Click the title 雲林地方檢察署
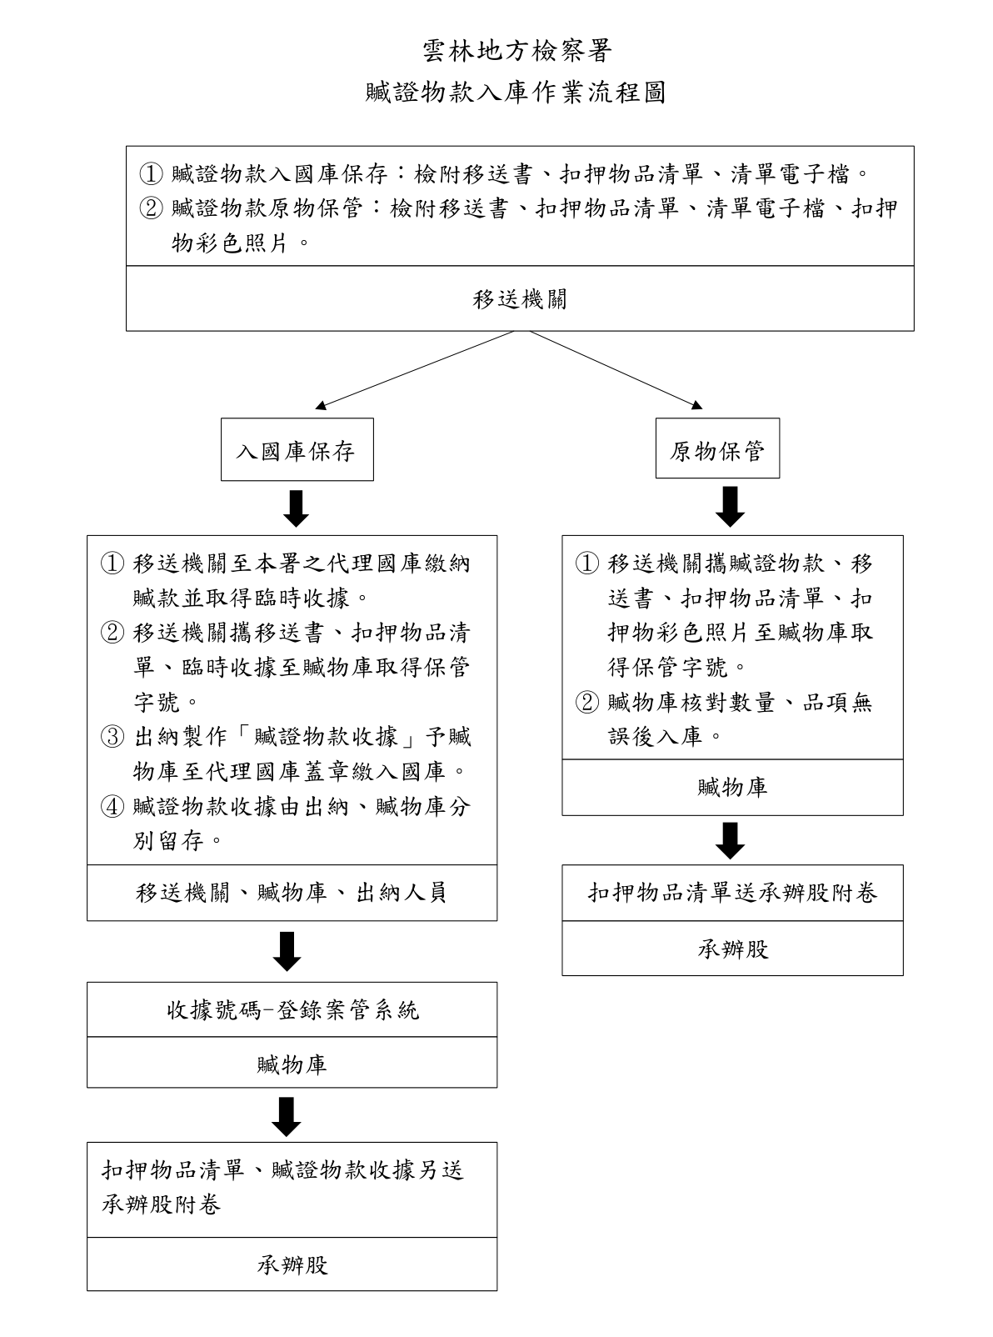click(516, 51)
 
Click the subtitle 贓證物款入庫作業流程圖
click(516, 93)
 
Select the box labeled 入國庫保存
click(297, 449)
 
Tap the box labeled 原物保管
click(717, 448)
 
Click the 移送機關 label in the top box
click(519, 299)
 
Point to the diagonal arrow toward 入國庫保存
click(415, 370)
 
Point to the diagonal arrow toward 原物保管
click(616, 370)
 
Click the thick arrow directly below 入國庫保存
click(296, 508)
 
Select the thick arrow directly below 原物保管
click(731, 506)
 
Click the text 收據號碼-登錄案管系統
click(292, 1009)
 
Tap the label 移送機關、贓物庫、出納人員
click(292, 892)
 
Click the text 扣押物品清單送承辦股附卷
click(733, 892)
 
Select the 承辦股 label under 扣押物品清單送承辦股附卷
click(733, 949)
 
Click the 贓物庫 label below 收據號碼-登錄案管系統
click(292, 1064)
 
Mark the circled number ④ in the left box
click(112, 806)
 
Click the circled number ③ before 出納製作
click(112, 737)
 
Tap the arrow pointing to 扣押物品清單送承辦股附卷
click(731, 840)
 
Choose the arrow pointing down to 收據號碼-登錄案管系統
click(287, 951)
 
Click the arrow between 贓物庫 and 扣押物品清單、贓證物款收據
click(287, 1116)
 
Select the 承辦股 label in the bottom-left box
click(292, 1264)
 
